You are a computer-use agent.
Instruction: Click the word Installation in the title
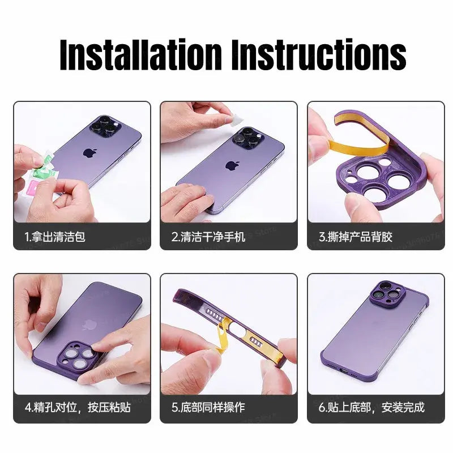coord(141,55)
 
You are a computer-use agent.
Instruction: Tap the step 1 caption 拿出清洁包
coord(55,237)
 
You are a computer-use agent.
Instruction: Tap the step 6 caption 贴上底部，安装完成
coord(371,407)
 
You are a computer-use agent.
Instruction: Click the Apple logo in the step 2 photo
coord(231,165)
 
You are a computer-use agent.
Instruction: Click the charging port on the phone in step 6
coord(344,374)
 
